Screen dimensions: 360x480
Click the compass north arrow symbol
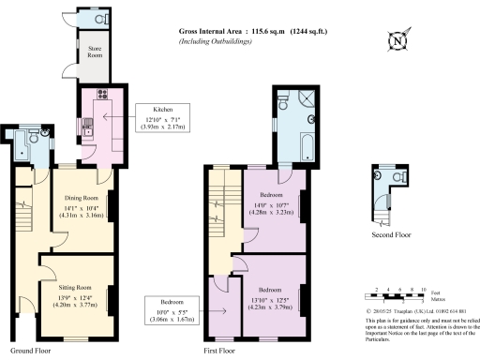pos(397,40)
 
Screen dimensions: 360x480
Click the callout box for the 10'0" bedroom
pos(171,310)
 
